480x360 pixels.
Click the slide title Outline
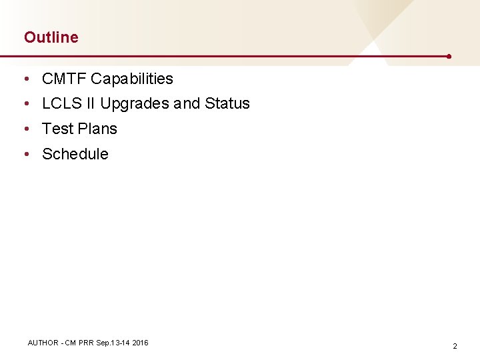(51, 37)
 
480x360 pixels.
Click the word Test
(56, 129)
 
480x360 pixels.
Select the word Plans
(97, 129)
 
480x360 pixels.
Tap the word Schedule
(75, 154)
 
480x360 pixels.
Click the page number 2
(455, 347)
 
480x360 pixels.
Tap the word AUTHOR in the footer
(43, 343)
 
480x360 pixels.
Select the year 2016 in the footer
(140, 343)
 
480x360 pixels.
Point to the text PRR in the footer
(85, 343)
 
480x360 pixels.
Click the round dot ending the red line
(449, 57)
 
